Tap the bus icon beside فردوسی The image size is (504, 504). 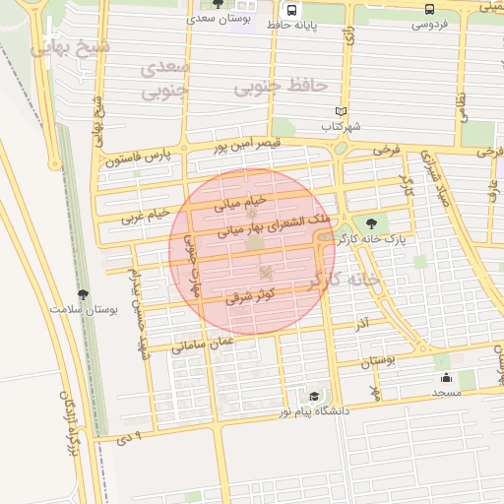pos(429,8)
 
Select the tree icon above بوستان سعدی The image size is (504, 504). pos(218,4)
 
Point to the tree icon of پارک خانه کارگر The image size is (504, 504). pos(370,223)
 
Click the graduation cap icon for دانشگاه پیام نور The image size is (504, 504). pos(314,395)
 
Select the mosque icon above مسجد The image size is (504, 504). pos(446,377)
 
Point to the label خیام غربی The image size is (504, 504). pos(146,215)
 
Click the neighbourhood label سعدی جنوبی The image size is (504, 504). pos(163,81)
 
